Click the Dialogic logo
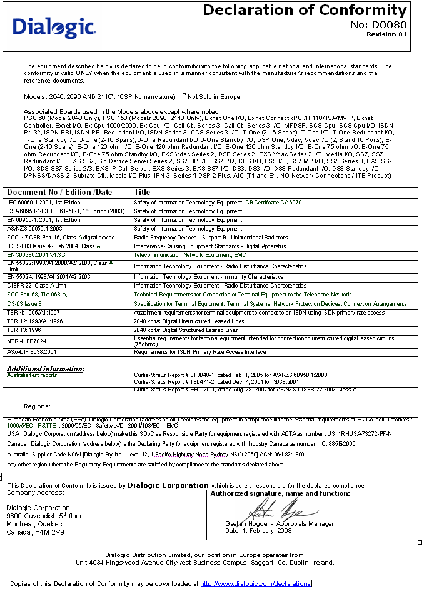tap(54, 27)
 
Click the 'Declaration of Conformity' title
tap(305, 10)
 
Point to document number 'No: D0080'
tap(378, 24)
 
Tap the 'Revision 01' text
tap(386, 34)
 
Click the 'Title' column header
tap(143, 192)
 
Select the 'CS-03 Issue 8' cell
tap(24, 303)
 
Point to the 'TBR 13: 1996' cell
tap(24, 330)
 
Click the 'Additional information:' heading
tap(45, 369)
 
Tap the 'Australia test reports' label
tap(32, 375)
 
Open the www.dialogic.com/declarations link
tap(255, 583)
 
